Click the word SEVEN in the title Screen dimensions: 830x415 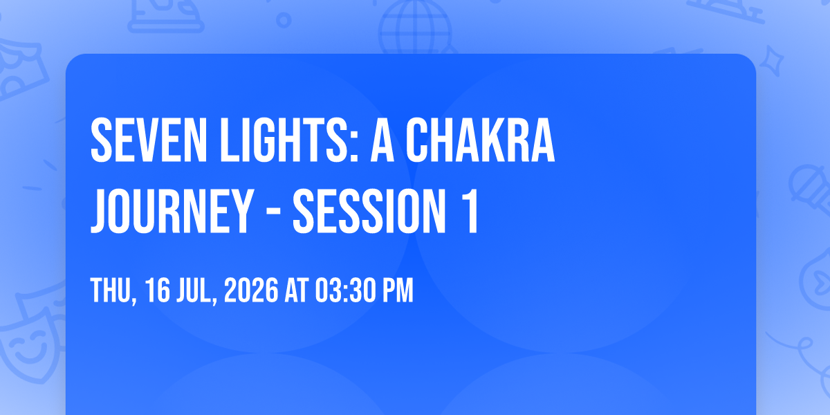tap(149, 140)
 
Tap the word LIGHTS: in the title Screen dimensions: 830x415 tap(290, 140)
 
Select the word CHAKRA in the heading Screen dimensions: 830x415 tap(481, 140)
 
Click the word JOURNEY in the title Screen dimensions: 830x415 tap(172, 212)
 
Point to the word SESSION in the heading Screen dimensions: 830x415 tap(369, 212)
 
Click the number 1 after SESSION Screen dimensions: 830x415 tap(470, 212)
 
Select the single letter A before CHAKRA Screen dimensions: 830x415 tap(382, 140)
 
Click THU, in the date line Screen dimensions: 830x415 tap(113, 292)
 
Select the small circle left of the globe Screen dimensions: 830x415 tap(284, 20)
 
